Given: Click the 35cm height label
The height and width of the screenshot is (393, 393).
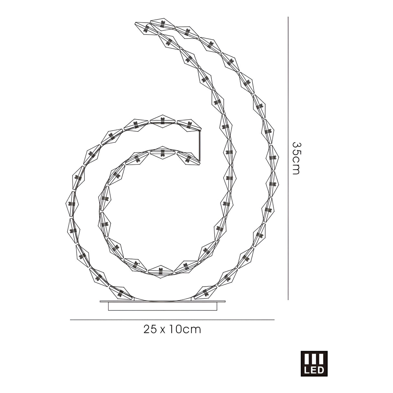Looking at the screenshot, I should tap(296, 158).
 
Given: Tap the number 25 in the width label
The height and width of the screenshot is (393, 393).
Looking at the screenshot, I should tap(150, 330).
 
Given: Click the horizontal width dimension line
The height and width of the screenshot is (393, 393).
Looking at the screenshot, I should tap(172, 320).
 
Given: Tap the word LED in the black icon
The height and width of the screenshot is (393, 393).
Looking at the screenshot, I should tap(314, 370).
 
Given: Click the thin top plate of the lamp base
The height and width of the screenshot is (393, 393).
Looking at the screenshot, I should tap(162, 302).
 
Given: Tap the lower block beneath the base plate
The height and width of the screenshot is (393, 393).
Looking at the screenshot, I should tap(162, 307).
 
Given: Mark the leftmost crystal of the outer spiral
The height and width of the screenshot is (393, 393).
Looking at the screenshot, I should tap(71, 204).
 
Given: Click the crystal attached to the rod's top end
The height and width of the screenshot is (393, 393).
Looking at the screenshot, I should tap(188, 125).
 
